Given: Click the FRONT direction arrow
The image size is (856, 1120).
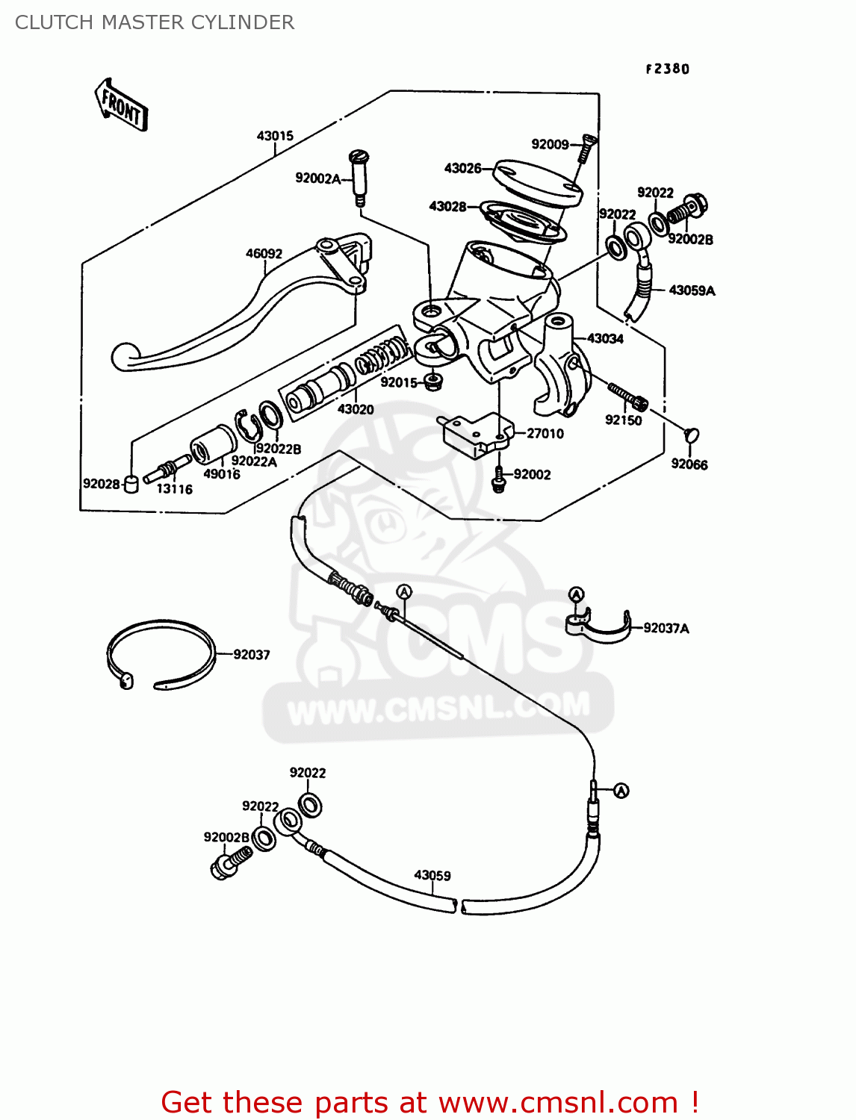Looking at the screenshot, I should (121, 105).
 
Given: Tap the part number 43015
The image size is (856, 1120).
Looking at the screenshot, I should (275, 136).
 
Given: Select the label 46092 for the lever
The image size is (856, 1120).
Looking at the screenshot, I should (264, 254).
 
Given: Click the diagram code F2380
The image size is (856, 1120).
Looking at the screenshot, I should (667, 69).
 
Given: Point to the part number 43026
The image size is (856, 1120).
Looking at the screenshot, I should (462, 169).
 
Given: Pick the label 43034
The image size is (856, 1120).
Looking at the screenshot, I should (605, 339).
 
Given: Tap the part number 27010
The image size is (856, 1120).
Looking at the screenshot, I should (545, 434).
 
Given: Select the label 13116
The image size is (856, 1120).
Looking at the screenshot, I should (174, 489).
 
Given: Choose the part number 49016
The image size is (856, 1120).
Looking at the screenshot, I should (222, 474).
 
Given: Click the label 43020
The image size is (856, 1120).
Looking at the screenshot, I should (356, 409).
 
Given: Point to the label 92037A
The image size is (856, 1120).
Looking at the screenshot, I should (666, 629).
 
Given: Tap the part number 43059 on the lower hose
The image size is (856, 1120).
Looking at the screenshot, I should (432, 875).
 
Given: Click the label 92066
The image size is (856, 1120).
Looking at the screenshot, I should (689, 464).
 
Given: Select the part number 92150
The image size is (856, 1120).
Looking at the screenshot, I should (623, 420).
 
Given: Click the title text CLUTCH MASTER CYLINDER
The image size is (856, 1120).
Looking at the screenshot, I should (155, 22).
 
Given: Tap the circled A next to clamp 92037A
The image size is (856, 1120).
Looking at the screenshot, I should (576, 594).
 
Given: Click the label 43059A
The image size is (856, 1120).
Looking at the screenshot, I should (692, 290).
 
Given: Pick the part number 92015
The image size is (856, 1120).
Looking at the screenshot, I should (399, 382).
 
